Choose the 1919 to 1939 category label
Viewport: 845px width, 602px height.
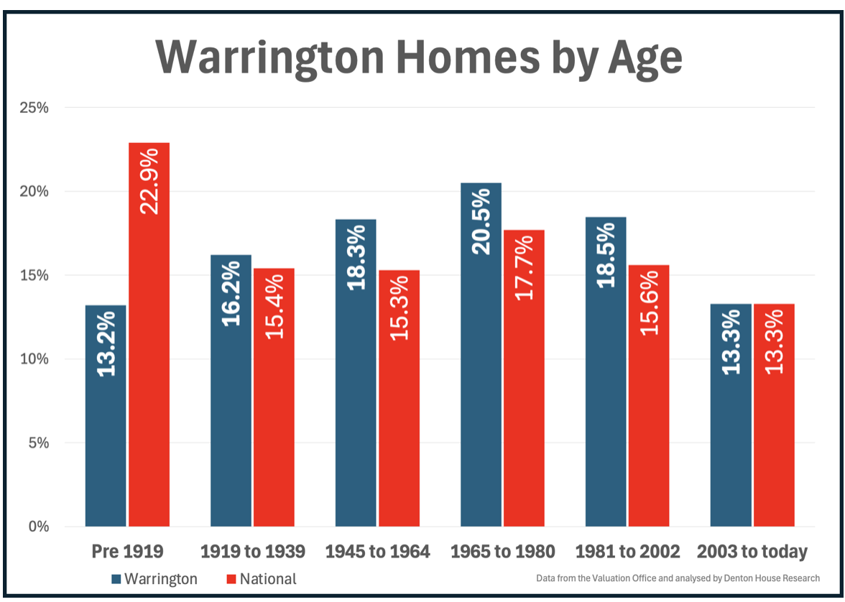pyautogui.click(x=252, y=552)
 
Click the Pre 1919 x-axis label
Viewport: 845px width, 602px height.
pyautogui.click(x=128, y=552)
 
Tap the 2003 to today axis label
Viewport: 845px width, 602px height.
pyautogui.click(x=752, y=552)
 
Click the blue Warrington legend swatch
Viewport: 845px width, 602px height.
pyautogui.click(x=116, y=579)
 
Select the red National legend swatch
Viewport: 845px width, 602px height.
pyautogui.click(x=231, y=579)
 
